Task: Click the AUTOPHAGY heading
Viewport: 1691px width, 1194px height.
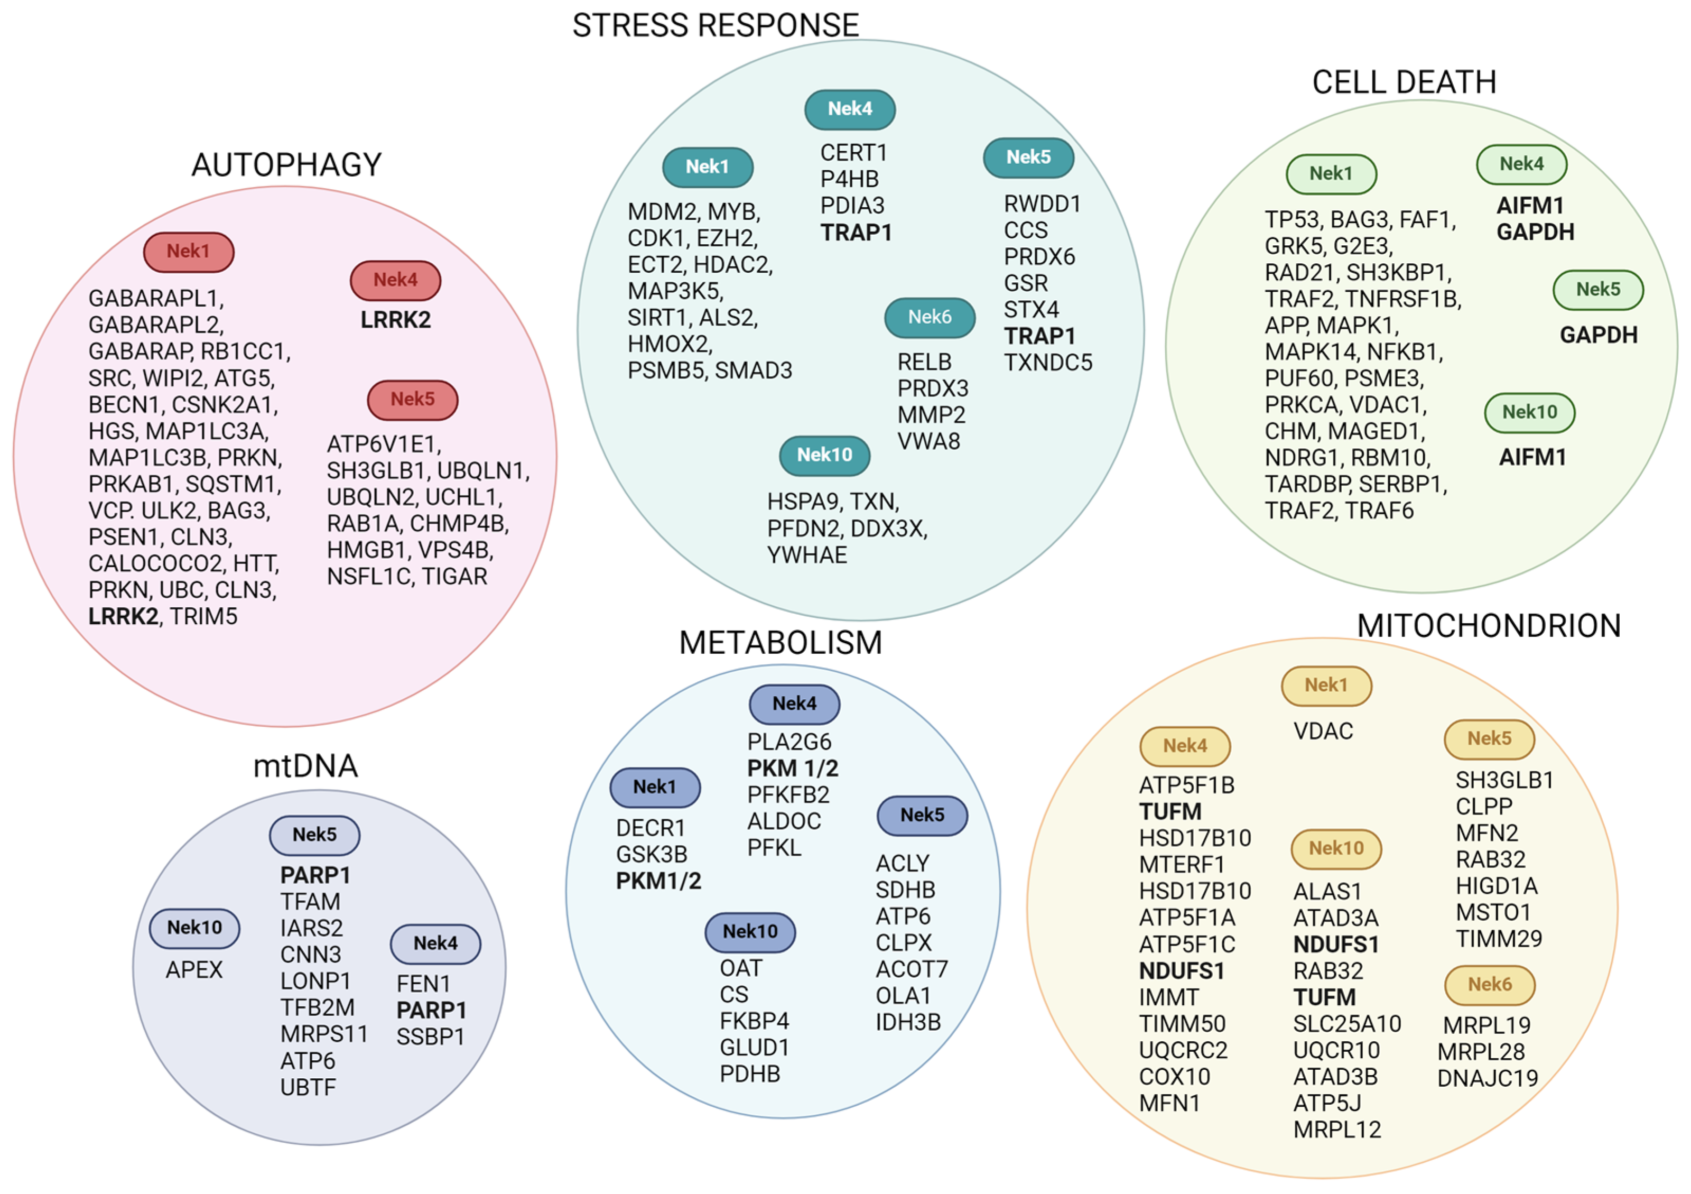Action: point(286,164)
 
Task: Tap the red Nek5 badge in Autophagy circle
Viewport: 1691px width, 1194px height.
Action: point(412,400)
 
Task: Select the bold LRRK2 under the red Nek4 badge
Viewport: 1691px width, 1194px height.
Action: point(395,320)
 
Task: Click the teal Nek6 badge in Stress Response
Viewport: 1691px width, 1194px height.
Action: point(930,318)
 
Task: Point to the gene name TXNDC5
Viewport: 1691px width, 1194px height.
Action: point(1048,363)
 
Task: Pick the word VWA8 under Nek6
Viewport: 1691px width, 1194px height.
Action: point(928,441)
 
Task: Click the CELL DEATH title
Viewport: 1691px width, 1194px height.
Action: point(1404,82)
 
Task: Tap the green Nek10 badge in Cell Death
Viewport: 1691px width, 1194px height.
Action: point(1530,412)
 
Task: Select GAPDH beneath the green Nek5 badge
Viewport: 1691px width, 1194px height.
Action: point(1598,335)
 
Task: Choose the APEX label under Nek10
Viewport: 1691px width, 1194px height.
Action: point(194,969)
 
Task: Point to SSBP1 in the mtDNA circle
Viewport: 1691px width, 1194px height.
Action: point(430,1037)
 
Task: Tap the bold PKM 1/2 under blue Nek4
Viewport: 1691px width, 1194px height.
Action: point(793,769)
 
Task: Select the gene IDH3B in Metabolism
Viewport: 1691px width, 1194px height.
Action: point(908,1022)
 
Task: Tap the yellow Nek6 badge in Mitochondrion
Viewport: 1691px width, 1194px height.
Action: point(1489,985)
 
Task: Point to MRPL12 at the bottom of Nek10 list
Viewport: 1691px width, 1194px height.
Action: point(1337,1130)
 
